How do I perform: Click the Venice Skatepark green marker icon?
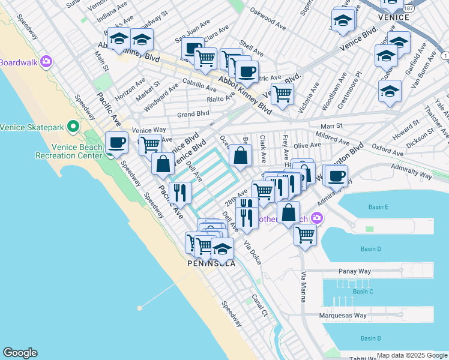(x=73, y=127)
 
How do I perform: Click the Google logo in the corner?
(x=20, y=353)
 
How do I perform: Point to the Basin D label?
(x=371, y=249)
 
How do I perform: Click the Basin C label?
(x=363, y=292)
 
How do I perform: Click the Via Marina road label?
(x=304, y=288)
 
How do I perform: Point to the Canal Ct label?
(x=259, y=305)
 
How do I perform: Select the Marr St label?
(x=331, y=126)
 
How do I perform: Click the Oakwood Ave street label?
(x=268, y=26)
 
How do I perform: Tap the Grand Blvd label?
(x=193, y=113)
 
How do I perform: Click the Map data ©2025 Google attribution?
(x=412, y=356)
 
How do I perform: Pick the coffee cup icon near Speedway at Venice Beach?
(x=116, y=142)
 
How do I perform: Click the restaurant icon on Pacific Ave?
(x=180, y=193)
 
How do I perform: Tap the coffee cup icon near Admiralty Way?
(x=336, y=175)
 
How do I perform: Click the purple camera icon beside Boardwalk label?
(x=46, y=62)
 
